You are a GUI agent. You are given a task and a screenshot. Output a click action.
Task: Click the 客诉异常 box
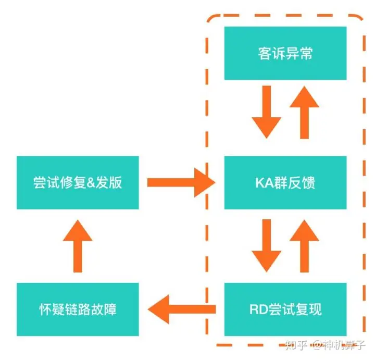(x=285, y=53)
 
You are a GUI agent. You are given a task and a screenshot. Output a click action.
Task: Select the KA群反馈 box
(x=285, y=182)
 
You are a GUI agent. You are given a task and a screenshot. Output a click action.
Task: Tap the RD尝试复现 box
(x=285, y=309)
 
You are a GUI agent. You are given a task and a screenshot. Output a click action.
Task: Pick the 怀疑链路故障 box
(x=78, y=309)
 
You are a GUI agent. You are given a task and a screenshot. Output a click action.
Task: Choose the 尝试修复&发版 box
(x=78, y=182)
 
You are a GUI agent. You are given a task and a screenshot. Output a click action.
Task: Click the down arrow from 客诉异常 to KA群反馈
(x=267, y=111)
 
